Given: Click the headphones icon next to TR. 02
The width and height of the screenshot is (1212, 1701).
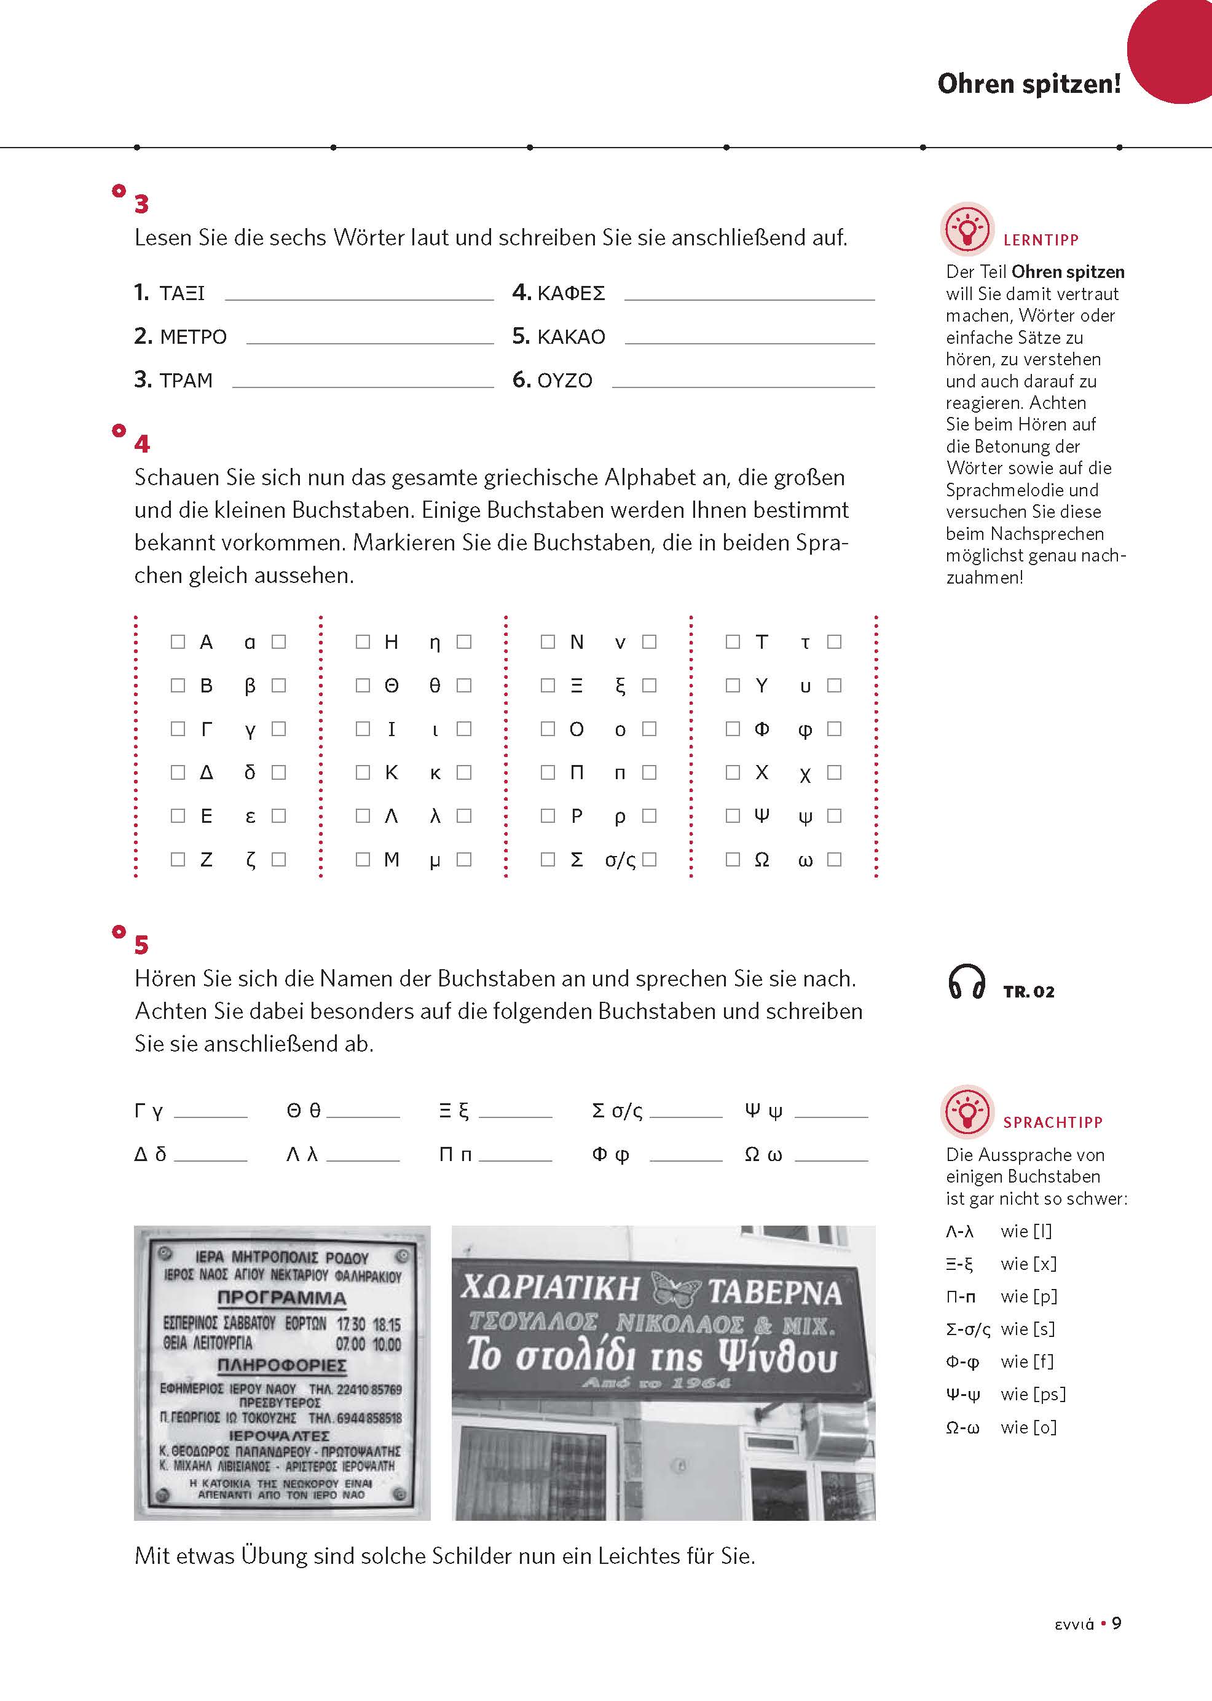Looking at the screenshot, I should click(x=966, y=981).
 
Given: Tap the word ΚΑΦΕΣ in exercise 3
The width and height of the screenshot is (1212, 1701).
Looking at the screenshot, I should click(x=571, y=293).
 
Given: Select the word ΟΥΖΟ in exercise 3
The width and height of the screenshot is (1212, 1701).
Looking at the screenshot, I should click(x=564, y=380).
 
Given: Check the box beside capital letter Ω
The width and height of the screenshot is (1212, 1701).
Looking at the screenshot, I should click(x=733, y=860).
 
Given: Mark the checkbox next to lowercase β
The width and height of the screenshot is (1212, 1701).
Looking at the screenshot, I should click(x=279, y=684).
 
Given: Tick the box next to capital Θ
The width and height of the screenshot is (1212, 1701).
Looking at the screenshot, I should click(x=363, y=684).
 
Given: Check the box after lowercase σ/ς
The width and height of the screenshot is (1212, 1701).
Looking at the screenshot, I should click(x=649, y=860).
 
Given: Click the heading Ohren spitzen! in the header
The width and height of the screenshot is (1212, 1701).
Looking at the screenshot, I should click(x=1028, y=84).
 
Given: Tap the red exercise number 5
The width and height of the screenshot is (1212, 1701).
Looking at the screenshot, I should click(x=141, y=945).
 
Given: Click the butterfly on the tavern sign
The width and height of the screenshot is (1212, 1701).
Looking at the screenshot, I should click(x=675, y=1288).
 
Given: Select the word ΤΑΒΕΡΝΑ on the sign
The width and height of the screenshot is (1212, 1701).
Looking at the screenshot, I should click(x=774, y=1293).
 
